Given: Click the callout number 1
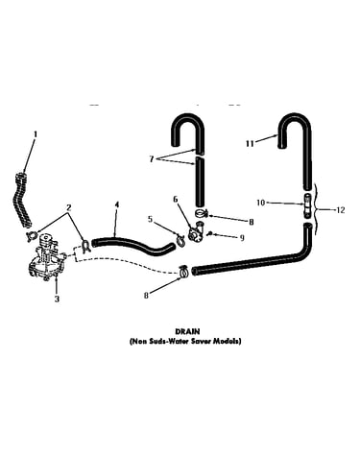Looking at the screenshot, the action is [36, 134].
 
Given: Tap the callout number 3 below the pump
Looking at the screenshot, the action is [57, 299].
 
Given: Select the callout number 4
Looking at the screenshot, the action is [117, 204].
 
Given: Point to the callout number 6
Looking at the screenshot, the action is [176, 200].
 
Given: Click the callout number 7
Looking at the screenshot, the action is [152, 159].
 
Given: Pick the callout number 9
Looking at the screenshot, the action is [242, 237].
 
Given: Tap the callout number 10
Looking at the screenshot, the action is [261, 203].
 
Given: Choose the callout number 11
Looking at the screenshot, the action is [250, 144].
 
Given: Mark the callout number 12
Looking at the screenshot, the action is [341, 210].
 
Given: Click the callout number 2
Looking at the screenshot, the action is [68, 207].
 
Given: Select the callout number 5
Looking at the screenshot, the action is [151, 219].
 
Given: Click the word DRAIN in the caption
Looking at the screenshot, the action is [187, 331].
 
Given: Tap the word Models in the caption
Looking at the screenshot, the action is [228, 341].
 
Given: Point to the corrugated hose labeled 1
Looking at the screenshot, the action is [24, 200].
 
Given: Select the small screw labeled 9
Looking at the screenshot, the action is [210, 234].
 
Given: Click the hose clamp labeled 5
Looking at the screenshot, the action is [180, 240].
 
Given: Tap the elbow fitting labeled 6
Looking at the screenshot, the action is [196, 232].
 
